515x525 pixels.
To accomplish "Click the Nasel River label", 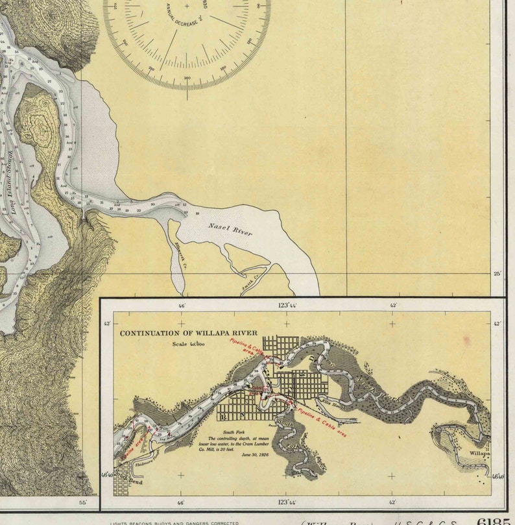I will coord(230,228).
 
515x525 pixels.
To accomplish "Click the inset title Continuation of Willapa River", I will coord(188,333).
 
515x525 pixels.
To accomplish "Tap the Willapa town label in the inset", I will coord(480,455).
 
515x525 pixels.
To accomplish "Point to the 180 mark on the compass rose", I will coord(188,79).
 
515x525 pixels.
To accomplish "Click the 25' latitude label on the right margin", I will coord(497,274).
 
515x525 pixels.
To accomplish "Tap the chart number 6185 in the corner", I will coord(492,520).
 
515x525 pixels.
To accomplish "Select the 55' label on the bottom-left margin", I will coord(82,502).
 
